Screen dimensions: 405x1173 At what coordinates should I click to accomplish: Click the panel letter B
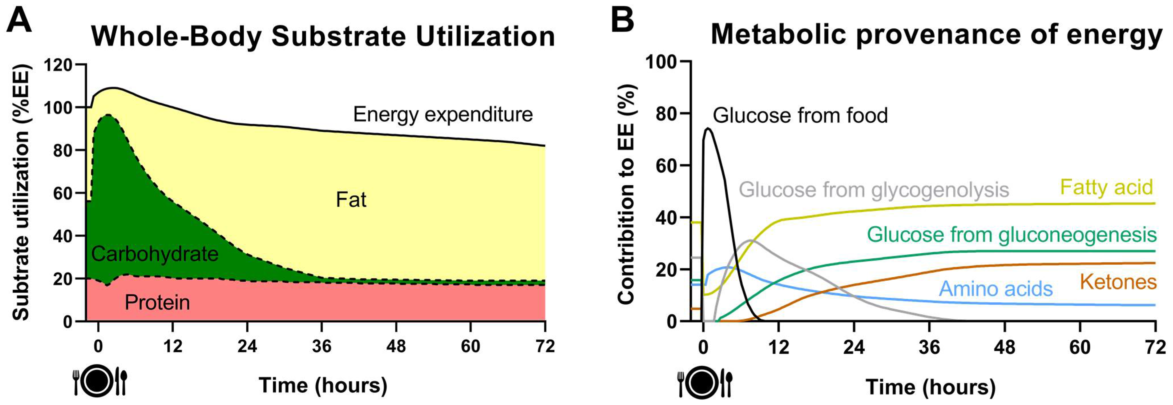pos(622,21)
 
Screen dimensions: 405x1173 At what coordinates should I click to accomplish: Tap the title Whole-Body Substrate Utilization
pos(323,37)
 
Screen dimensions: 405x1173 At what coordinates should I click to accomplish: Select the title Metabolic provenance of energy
pos(937,35)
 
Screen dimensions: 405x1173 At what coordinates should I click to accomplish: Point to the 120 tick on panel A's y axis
pos(58,65)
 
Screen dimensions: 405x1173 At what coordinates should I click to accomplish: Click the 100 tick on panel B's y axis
pos(661,61)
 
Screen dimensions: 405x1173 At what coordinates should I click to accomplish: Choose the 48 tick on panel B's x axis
pos(1004,348)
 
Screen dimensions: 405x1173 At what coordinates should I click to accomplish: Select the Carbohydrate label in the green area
pos(155,254)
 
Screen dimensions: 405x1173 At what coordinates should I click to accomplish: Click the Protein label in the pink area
pos(157,302)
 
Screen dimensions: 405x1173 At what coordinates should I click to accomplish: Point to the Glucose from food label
pos(800,115)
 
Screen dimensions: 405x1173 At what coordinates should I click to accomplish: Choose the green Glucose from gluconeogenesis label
pos(1011,234)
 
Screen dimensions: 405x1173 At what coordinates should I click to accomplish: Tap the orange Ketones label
pos(1118,282)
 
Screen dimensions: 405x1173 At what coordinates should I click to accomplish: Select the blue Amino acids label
pos(996,289)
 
